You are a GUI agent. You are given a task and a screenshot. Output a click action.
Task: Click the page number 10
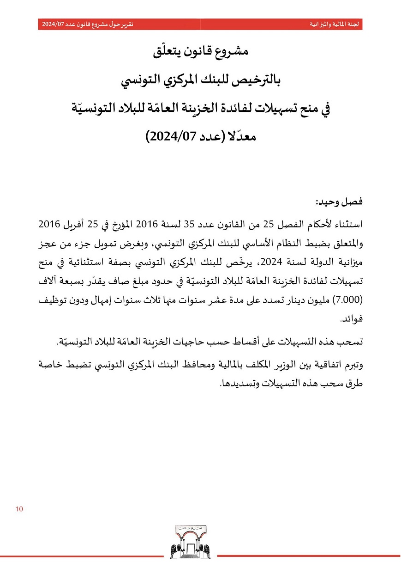[19, 509]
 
